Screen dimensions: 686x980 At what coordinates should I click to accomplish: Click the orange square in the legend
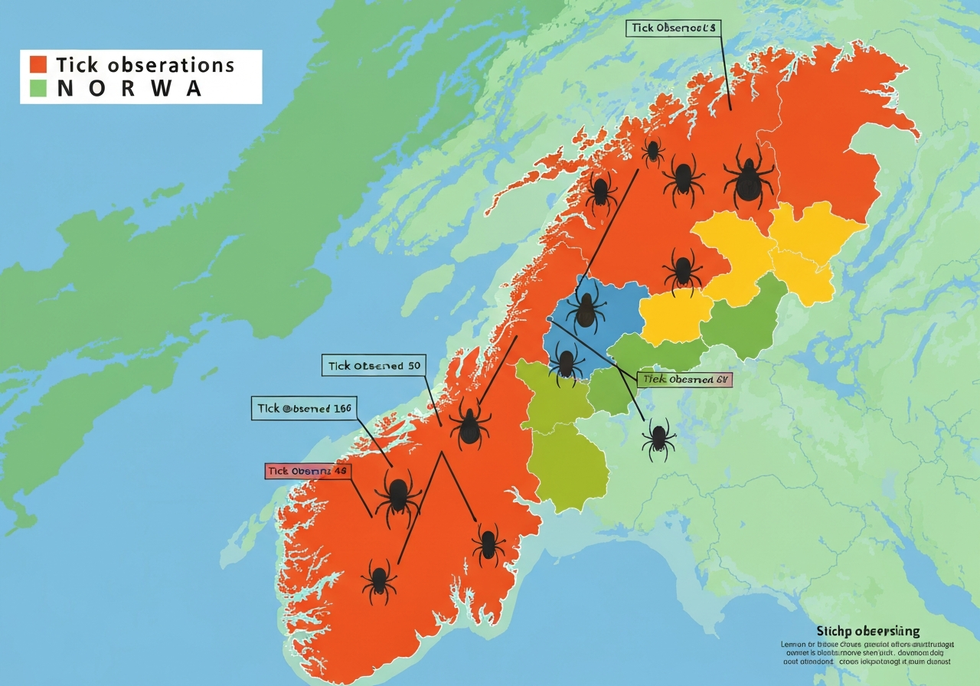[38, 64]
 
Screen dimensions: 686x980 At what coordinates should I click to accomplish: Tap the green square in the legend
[38, 88]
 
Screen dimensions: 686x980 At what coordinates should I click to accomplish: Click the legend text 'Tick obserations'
[145, 64]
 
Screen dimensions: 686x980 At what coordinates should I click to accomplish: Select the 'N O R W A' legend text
[130, 88]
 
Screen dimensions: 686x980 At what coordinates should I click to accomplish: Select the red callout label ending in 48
[308, 471]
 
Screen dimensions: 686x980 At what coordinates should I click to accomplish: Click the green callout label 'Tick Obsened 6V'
[684, 379]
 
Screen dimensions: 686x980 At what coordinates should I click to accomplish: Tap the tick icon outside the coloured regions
[658, 439]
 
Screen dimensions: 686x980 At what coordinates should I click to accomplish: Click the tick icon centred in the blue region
[586, 306]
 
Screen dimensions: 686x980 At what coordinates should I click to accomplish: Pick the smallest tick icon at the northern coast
[652, 152]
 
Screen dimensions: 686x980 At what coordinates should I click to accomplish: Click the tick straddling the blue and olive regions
[567, 360]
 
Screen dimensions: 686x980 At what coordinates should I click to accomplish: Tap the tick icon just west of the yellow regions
[681, 271]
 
